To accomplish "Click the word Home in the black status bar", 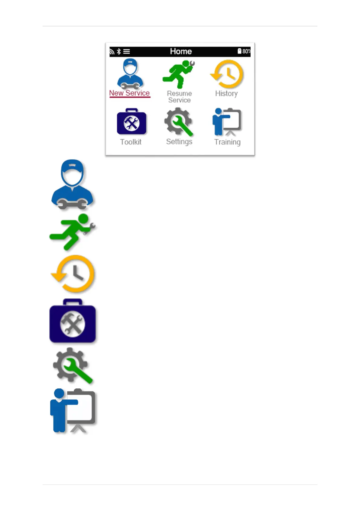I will (181, 51).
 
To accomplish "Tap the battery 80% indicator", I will (244, 51).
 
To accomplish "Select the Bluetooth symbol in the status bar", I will (119, 51).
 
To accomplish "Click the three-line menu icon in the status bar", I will (127, 51).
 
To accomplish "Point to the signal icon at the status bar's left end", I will (112, 52).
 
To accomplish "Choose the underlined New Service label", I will (129, 93).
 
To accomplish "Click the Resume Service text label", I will (179, 97).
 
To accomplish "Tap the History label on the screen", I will (226, 93).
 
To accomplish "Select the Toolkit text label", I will (131, 142).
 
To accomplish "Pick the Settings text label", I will (179, 142).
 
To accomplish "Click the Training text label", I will (227, 142).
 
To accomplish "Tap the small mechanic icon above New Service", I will (130, 74).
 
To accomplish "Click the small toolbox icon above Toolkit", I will (131, 122).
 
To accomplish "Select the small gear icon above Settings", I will (179, 122).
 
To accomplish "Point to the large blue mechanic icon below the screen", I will (72, 184).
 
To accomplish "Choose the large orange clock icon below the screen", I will (73, 274).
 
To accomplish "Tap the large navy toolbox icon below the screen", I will (73, 321).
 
